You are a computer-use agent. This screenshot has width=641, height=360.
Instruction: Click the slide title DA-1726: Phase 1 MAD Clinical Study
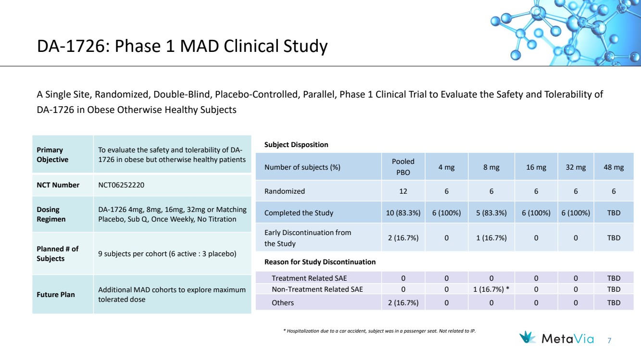coord(182,47)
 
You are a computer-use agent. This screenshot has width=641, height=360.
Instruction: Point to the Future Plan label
coord(56,294)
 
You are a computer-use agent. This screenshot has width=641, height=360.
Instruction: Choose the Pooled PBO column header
coord(403,167)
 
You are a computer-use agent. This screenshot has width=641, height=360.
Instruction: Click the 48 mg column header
coord(614,167)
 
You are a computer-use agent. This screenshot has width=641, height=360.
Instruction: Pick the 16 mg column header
coord(536,167)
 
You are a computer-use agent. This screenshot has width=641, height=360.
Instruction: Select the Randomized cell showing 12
coord(403,191)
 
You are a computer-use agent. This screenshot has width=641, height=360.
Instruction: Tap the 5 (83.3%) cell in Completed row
coord(491,213)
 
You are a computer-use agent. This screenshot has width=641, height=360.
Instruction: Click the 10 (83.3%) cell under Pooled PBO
coord(403,213)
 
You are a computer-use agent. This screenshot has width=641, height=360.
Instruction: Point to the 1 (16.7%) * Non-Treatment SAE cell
coord(491,289)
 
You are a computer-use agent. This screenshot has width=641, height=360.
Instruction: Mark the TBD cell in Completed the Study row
coord(614,213)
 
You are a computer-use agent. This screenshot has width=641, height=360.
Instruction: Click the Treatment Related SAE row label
coord(309,278)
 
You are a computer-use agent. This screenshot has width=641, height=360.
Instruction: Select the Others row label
coord(283,303)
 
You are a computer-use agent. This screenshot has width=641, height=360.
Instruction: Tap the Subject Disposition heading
coord(296,145)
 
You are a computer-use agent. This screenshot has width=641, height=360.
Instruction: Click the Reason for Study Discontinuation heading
coord(320,262)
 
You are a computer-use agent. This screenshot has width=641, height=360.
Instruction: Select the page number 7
coord(609,341)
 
